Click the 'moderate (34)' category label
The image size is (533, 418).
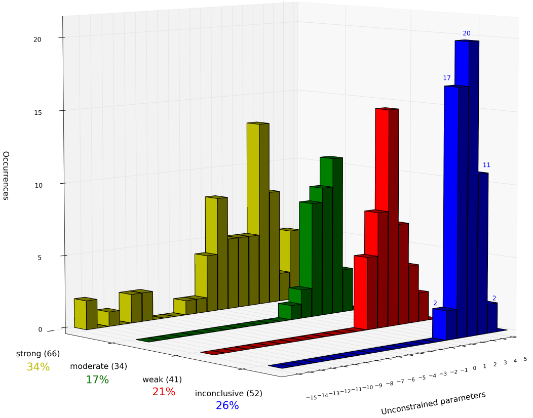coord(98,366)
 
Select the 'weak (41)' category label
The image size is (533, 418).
coord(162,379)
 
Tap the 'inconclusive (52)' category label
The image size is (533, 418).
coord(229,393)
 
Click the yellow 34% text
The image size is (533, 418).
coord(38,367)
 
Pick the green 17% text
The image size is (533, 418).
coord(97,380)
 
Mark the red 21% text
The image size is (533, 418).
coord(164,392)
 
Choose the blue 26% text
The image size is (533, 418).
coord(227,405)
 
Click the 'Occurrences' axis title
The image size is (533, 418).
coord(6,176)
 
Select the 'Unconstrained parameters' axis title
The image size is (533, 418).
coord(433,403)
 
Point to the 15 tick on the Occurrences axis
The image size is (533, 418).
coord(52,112)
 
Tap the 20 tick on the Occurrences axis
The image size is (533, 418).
coord(52,39)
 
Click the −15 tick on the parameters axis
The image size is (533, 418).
coord(311,398)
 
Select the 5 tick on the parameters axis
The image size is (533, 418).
coord(525,359)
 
